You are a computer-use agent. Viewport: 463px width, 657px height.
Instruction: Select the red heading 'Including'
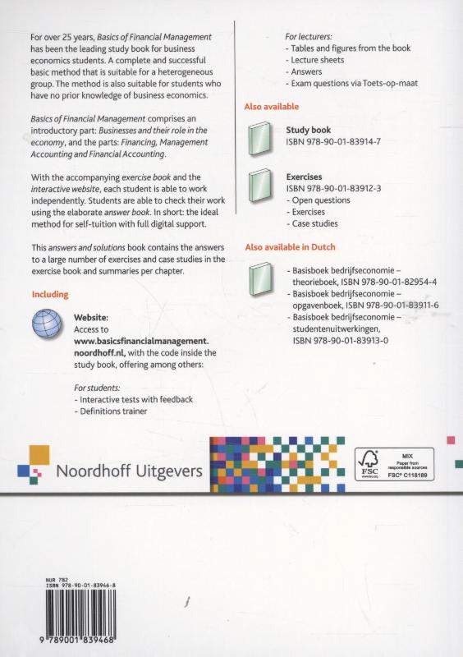tap(49, 294)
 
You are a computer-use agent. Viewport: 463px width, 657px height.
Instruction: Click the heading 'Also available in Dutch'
tap(291, 247)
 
